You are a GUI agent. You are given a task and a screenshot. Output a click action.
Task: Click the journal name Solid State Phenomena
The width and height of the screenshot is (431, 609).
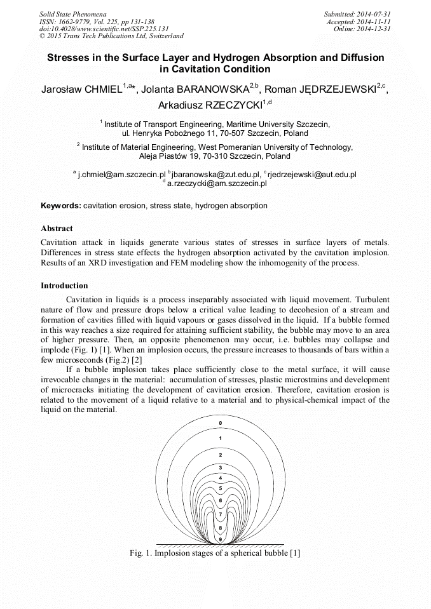[72, 13]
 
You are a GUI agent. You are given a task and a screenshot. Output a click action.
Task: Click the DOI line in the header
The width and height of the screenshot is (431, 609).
[104, 29]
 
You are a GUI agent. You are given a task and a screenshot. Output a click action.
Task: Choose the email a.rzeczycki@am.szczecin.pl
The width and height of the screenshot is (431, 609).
[217, 183]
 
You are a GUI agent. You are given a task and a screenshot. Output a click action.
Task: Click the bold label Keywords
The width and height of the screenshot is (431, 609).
[60, 206]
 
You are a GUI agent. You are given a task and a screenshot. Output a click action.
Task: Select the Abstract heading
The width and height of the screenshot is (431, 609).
[57, 228]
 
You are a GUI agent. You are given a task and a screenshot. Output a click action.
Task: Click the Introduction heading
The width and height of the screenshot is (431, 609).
[64, 285]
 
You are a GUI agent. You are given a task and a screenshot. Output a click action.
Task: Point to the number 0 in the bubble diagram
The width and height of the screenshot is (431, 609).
[221, 423]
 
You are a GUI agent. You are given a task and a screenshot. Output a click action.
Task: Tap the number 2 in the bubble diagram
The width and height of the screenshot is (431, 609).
[221, 455]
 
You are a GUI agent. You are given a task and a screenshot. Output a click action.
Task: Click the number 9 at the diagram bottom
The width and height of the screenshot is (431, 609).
[221, 539]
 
